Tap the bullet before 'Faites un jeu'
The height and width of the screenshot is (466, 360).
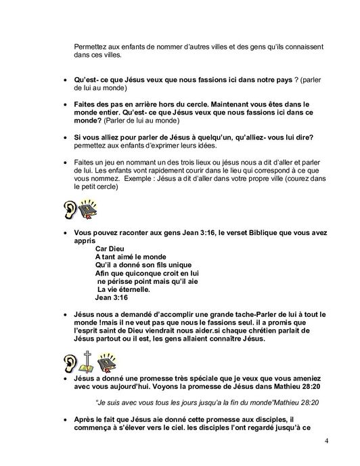tap(64, 163)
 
